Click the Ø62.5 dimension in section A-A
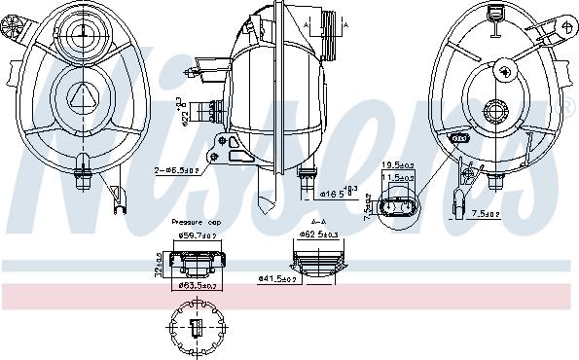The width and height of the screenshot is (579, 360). click(321, 234)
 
